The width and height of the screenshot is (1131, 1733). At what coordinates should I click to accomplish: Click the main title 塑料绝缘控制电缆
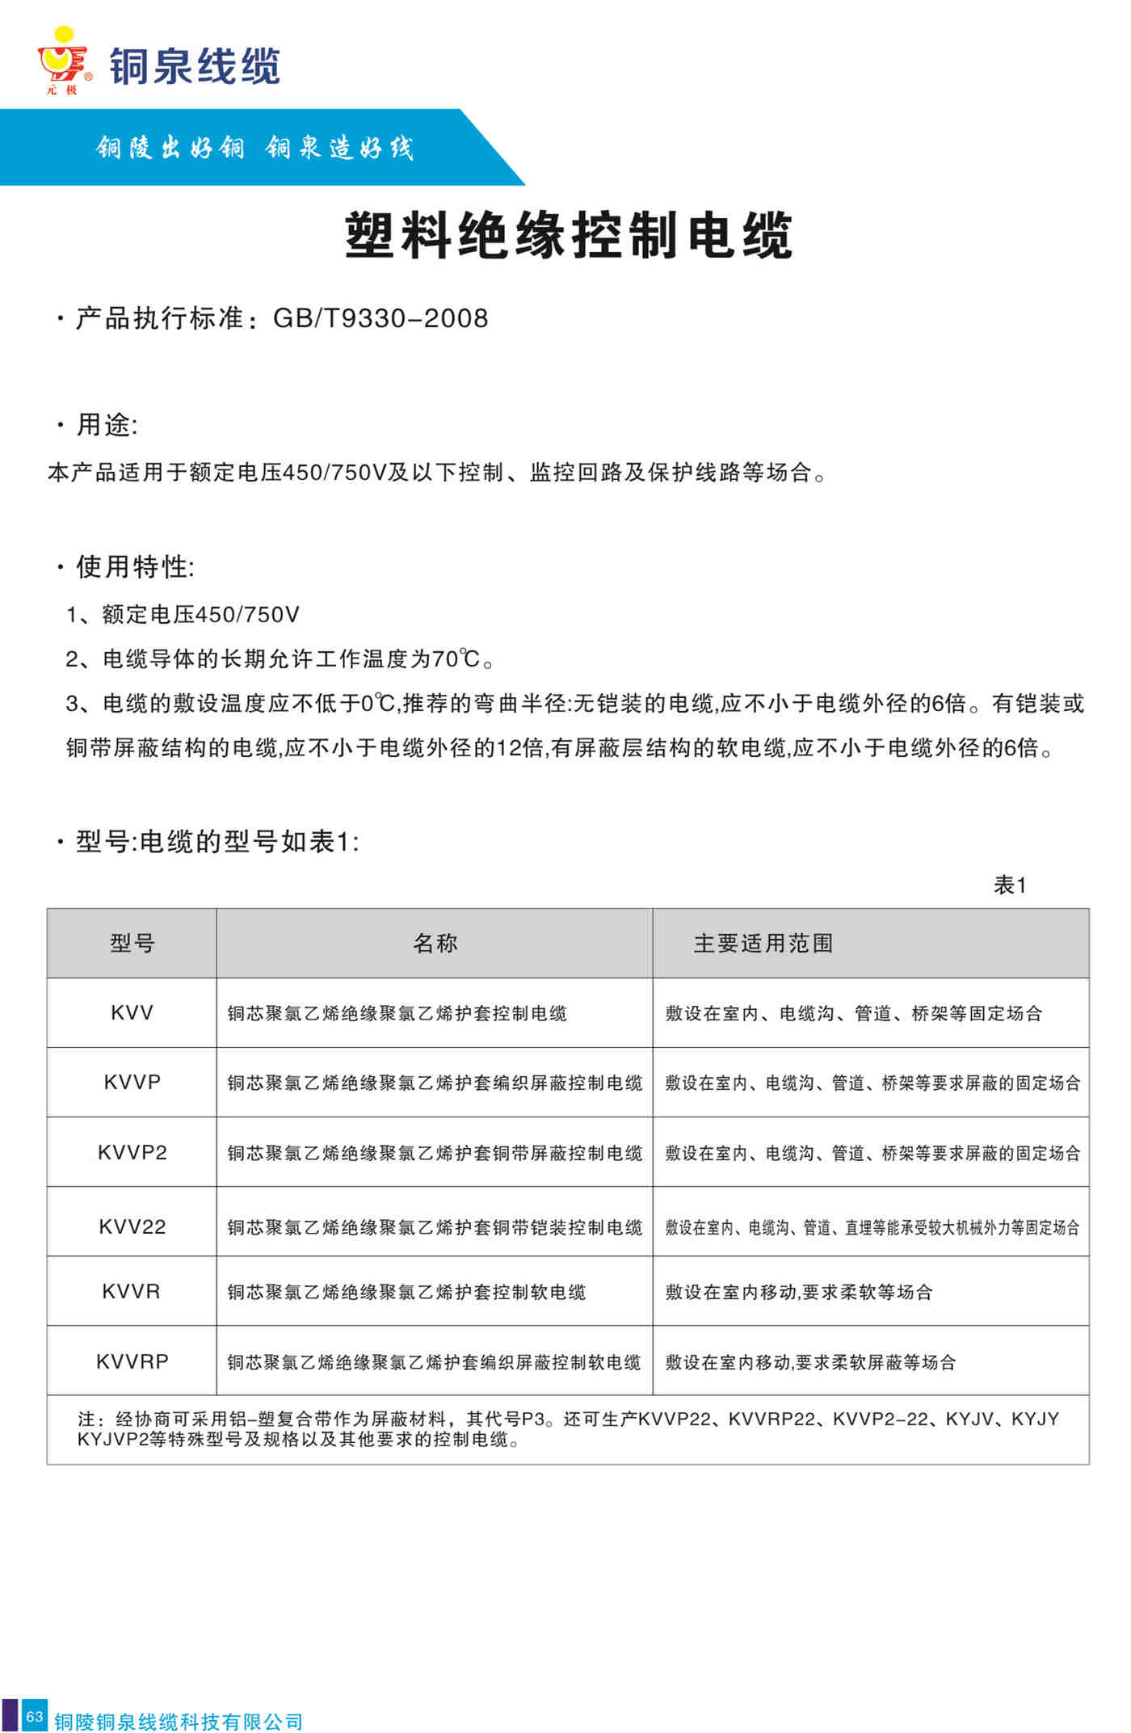click(569, 236)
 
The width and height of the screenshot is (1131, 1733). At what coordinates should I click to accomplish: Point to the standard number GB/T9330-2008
click(381, 318)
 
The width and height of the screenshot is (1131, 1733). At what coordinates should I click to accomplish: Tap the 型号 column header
click(132, 943)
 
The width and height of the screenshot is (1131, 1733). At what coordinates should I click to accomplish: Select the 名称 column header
click(435, 943)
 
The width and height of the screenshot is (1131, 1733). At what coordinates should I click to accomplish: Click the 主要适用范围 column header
click(763, 943)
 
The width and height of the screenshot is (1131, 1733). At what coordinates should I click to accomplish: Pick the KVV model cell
click(132, 1012)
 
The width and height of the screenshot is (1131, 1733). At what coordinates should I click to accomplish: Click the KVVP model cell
click(132, 1082)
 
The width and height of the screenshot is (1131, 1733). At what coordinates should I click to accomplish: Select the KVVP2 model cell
click(132, 1152)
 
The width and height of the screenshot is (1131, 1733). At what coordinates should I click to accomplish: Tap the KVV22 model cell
click(132, 1226)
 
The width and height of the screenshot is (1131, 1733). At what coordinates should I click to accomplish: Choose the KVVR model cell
click(132, 1291)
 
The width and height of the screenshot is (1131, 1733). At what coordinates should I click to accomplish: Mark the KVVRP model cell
click(132, 1361)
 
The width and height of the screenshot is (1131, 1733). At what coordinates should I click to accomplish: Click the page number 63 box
click(34, 1716)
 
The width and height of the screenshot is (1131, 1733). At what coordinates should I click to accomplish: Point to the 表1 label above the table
click(1010, 885)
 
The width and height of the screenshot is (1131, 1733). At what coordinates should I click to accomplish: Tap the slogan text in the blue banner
click(254, 148)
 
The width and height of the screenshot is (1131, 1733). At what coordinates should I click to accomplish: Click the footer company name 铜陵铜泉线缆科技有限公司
click(179, 1722)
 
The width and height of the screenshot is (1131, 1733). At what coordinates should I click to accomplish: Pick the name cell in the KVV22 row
click(435, 1227)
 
